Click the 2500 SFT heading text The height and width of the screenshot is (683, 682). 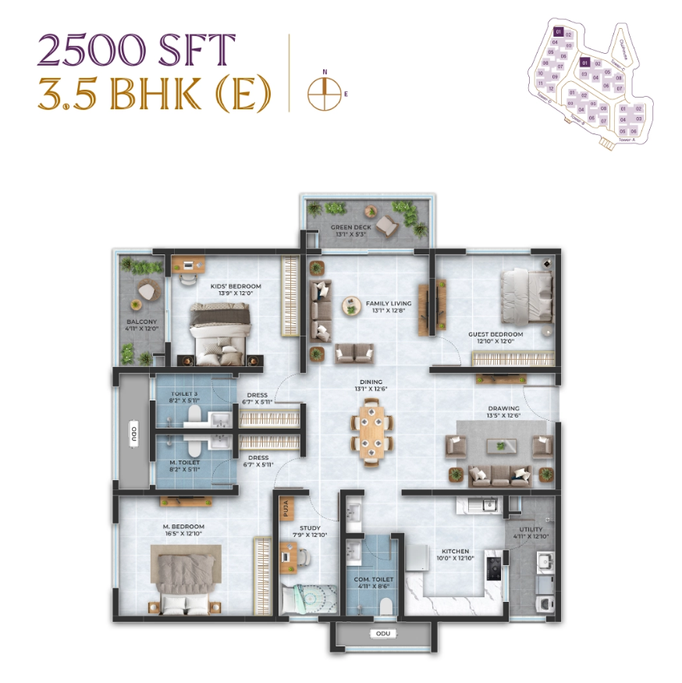pos(136,51)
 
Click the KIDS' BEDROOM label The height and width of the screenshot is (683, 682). pos(236,286)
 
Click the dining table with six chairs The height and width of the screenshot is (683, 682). pos(371,432)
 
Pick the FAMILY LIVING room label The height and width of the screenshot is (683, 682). pos(384,302)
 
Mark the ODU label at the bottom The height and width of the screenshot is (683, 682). pos(382,634)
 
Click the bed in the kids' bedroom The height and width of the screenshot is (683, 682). pos(221,333)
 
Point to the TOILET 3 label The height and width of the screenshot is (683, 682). pos(185,395)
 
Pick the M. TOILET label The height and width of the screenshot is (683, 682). pos(185,463)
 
